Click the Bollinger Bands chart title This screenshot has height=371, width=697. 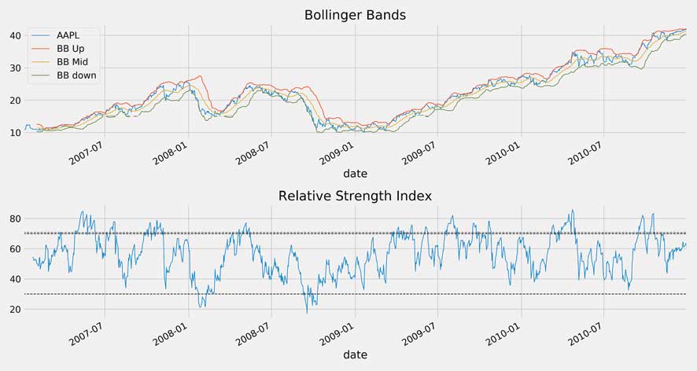[355, 15]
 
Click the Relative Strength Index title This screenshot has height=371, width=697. [355, 196]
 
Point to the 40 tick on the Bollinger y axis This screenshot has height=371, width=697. [14, 35]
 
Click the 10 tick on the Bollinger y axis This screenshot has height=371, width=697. [14, 132]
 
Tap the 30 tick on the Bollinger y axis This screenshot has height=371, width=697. [14, 68]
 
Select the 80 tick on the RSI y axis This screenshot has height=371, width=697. [14, 219]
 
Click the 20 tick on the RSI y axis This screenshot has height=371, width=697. [14, 310]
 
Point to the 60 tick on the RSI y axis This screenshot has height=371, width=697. [14, 249]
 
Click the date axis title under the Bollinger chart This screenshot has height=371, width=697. [355, 173]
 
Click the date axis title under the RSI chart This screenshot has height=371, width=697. [355, 354]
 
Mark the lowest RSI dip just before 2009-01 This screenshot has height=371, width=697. [307, 313]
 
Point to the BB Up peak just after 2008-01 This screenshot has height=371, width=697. [200, 76]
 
